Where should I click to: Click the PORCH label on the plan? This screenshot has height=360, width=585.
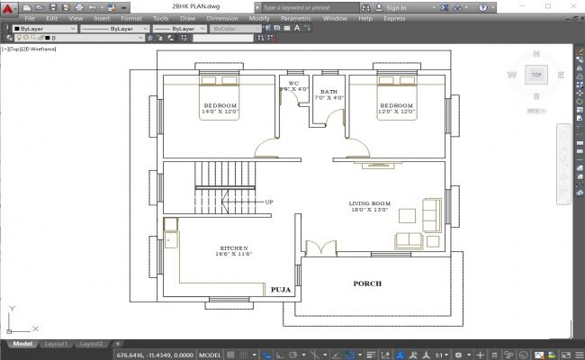coord(366,283)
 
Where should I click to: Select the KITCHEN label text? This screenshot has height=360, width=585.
coord(234,247)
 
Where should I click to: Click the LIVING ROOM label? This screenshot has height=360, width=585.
coord(369,203)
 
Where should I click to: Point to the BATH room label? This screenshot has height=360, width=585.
coord(328,91)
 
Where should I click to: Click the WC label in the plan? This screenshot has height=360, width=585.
coord(293,83)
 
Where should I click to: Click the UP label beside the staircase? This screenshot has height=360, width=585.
coord(268,202)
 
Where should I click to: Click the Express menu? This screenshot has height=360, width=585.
coord(394,18)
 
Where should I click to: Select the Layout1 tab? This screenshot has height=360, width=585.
coord(57,344)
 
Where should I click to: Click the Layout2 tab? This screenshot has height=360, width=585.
coord(91,344)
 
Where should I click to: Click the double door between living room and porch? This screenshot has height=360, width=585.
coord(319,248)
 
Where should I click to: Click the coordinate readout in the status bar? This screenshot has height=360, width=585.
coord(153,355)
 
